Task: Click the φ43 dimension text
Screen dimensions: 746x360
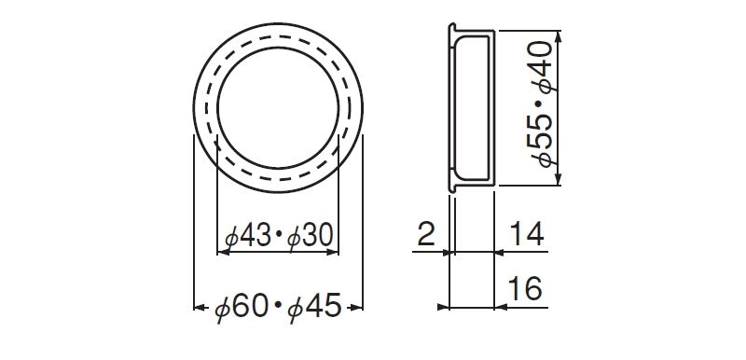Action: (247, 236)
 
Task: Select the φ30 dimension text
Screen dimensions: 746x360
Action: (311, 236)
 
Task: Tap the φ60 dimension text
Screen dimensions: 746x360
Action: (241, 307)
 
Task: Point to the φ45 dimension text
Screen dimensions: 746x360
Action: (315, 307)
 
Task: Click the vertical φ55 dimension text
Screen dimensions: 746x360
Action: (543, 140)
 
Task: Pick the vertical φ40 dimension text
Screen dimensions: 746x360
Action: (543, 67)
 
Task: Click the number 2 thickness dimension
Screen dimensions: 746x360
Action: (426, 233)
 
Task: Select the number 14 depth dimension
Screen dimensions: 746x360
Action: (527, 233)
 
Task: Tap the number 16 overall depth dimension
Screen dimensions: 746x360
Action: (525, 288)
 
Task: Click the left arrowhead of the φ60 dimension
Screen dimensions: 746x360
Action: (200, 308)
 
